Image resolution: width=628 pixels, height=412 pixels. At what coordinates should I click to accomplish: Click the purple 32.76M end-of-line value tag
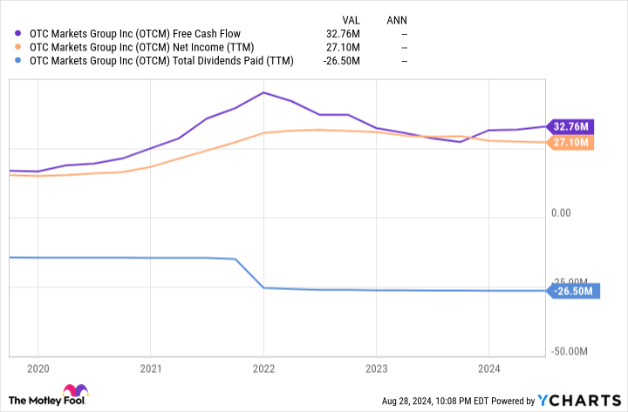(570, 125)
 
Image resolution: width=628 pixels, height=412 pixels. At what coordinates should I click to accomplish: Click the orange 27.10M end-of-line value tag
(570, 142)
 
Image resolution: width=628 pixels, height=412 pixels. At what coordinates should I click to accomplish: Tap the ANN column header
(398, 17)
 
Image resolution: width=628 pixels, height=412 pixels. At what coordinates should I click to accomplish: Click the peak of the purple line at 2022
(263, 92)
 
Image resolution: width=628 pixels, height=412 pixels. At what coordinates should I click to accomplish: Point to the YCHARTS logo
(578, 400)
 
